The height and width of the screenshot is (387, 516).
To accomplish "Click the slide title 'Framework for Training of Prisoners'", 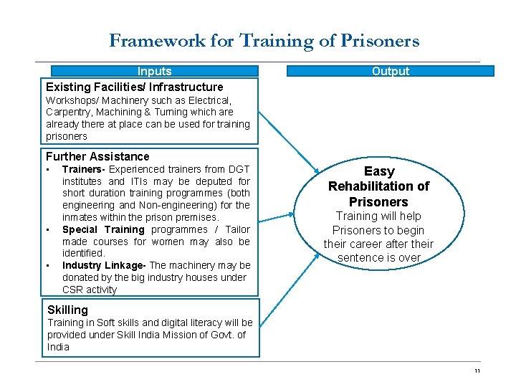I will point(264,41).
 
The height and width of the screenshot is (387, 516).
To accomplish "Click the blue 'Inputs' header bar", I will point(154,71).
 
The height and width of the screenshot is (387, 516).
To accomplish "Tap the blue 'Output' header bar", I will point(391,71).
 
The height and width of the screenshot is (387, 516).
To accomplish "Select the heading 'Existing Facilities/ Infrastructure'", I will point(135,87).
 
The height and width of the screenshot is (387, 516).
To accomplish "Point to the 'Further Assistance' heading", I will point(97,156).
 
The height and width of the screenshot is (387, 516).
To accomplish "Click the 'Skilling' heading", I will point(67,310).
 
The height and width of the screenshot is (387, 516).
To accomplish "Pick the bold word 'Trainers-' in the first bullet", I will point(83,169).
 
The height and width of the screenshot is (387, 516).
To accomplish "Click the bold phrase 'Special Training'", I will point(103,229).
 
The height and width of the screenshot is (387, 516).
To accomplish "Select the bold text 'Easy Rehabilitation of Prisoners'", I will point(378,186).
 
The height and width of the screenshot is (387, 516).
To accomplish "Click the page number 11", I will point(477,371).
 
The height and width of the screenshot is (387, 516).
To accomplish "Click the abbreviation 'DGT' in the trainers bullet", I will point(236,169).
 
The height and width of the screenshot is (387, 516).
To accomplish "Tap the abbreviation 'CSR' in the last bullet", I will point(73,290).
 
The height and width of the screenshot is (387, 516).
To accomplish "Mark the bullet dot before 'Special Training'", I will point(48,229).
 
